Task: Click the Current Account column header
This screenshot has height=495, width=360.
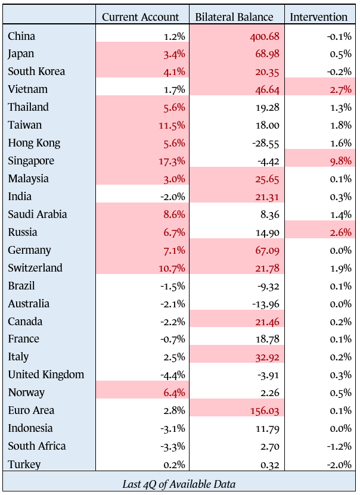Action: (140, 17)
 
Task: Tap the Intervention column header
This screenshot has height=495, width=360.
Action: (318, 17)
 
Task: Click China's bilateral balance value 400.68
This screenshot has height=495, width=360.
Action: (265, 36)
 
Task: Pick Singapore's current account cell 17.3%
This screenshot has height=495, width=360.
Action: (173, 161)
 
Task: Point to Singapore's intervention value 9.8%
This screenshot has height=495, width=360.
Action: (341, 161)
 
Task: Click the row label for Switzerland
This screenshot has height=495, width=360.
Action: (35, 267)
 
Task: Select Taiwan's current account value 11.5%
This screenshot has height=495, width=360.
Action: (173, 125)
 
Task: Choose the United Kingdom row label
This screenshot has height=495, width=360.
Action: (46, 375)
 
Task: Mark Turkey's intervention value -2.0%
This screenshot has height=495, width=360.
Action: (339, 464)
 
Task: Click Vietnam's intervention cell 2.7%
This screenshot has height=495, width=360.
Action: (341, 89)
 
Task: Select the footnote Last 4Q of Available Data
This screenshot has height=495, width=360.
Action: (179, 482)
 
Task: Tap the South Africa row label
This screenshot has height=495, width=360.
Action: (37, 446)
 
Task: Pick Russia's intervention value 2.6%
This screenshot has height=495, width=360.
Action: (341, 232)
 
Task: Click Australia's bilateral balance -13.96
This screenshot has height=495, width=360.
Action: (266, 304)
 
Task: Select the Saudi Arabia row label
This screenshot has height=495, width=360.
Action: (38, 214)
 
